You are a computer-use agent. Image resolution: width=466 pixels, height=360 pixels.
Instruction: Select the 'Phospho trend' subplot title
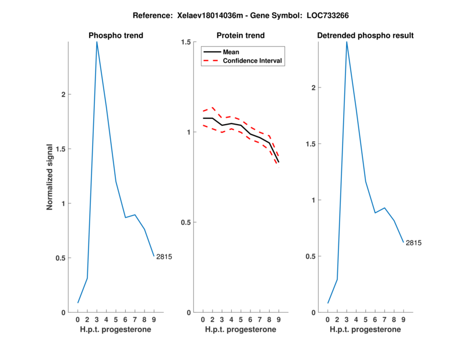click(115, 36)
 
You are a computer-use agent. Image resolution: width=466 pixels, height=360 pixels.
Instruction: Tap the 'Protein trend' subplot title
click(241, 36)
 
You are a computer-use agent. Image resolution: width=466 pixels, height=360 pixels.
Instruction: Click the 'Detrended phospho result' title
click(365, 36)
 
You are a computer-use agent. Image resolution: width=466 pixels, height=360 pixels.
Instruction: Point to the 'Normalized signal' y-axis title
click(50, 177)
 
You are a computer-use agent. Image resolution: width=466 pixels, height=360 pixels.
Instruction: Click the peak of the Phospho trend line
click(97, 43)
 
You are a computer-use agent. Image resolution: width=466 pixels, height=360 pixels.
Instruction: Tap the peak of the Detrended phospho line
click(347, 43)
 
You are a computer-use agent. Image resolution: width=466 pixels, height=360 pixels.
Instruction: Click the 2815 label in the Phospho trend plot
click(164, 256)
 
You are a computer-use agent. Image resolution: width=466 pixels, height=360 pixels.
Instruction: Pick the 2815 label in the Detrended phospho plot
click(413, 242)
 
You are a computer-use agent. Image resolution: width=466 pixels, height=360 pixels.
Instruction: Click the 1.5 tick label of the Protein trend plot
click(187, 42)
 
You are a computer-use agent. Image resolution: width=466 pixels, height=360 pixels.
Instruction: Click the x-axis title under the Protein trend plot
click(241, 330)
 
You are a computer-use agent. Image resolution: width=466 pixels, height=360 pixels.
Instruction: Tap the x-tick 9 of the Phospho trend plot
click(154, 319)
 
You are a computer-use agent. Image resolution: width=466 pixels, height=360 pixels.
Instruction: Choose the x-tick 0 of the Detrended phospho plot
click(328, 319)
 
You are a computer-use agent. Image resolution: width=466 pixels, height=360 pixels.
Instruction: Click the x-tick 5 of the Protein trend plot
click(241, 319)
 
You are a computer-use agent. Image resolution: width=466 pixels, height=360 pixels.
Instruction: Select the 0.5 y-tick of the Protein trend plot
click(187, 223)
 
